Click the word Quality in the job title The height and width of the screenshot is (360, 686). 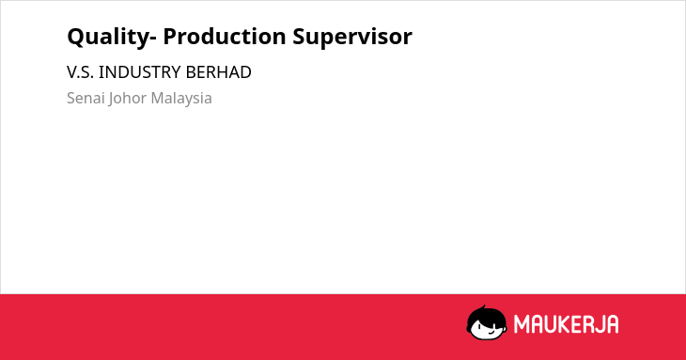[108, 38]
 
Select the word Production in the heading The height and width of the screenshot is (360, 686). [225, 36]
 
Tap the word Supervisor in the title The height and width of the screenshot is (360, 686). [352, 38]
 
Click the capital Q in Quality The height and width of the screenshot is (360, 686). [76, 37]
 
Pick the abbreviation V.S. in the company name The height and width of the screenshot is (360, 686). [80, 72]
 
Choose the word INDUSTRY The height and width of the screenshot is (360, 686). [140, 72]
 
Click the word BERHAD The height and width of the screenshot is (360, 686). [218, 72]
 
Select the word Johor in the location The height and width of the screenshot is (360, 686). [127, 99]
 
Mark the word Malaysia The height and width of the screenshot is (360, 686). [181, 99]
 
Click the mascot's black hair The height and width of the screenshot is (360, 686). [486, 316]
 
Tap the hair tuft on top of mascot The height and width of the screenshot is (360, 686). [483, 307]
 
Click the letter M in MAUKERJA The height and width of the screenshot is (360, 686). [522, 324]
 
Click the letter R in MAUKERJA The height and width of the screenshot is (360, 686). [588, 324]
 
